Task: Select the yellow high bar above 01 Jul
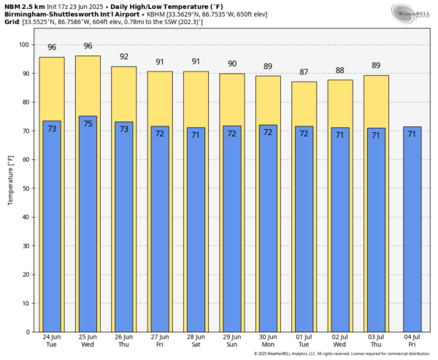[304, 102]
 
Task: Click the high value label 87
[304, 72]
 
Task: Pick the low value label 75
[88, 124]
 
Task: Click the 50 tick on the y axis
[25, 188]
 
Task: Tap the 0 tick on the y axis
[27, 332]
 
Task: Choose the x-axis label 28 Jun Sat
[196, 341]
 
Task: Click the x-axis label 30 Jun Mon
[268, 341]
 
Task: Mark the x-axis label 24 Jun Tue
[52, 341]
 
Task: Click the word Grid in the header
[12, 22]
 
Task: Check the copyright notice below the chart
[341, 354]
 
